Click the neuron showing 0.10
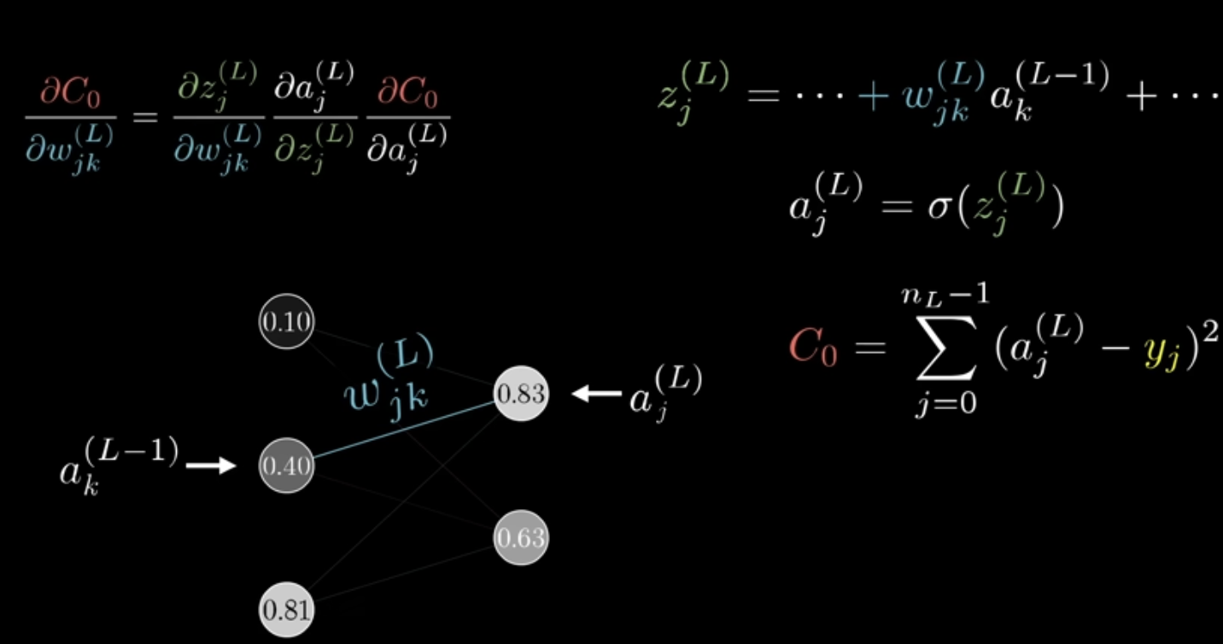(286, 322)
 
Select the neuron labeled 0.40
(286, 465)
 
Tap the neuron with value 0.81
(286, 610)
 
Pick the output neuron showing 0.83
(520, 395)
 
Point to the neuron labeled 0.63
(520, 538)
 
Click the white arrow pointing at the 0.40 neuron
(210, 465)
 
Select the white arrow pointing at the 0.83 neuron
(596, 394)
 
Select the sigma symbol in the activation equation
(937, 208)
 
